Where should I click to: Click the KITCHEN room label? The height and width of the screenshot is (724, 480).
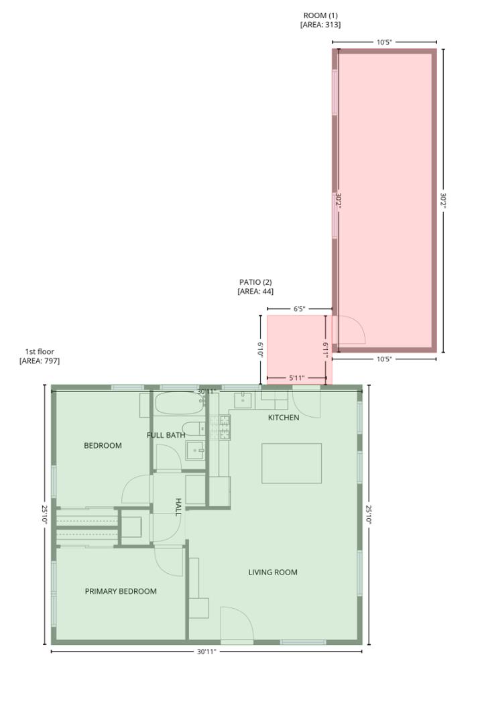tap(284, 418)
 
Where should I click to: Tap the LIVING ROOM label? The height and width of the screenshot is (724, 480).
tap(273, 572)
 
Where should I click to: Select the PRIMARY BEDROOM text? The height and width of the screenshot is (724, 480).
tap(121, 591)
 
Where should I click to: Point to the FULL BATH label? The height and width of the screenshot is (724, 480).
tap(166, 435)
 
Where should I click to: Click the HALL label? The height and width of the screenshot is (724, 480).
tap(178, 507)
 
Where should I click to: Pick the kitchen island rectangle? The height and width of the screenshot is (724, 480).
tap(291, 463)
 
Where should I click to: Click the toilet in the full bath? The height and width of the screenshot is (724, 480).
tap(192, 429)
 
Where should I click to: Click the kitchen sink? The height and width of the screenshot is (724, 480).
tap(242, 400)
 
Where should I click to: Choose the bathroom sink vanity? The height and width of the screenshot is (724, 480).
tap(195, 450)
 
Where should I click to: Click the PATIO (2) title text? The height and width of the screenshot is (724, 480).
tap(255, 282)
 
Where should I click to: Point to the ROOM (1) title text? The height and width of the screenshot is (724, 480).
tap(320, 15)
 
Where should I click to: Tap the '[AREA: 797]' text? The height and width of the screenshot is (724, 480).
tap(40, 361)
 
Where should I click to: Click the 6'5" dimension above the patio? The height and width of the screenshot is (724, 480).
tap(299, 309)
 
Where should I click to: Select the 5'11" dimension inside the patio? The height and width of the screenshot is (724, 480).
tap(296, 378)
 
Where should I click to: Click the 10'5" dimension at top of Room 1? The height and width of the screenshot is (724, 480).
tap(383, 42)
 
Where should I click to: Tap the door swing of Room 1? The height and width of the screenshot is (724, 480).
tap(351, 330)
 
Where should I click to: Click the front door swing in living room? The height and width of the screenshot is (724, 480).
tap(236, 625)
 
